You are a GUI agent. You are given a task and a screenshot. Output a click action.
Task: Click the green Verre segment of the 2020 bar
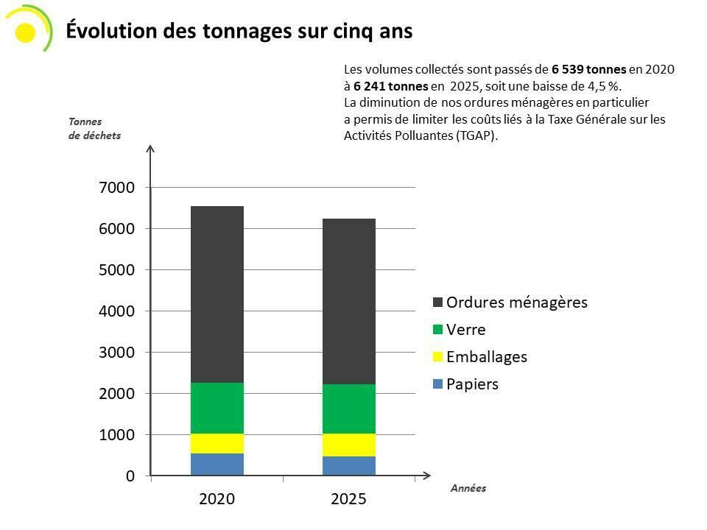tap(217, 408)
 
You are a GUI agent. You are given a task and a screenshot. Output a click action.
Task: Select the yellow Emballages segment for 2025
tap(349, 445)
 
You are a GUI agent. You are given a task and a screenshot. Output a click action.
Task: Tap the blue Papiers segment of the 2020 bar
tap(217, 464)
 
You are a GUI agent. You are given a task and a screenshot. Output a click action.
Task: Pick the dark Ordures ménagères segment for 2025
tap(349, 301)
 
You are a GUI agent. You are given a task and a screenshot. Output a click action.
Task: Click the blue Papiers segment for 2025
tap(349, 466)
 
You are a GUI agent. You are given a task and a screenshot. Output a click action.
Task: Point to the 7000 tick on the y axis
tap(116, 188)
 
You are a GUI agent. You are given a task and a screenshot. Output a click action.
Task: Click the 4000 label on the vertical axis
tap(116, 311)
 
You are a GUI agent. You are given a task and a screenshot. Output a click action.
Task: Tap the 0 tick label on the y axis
tap(130, 476)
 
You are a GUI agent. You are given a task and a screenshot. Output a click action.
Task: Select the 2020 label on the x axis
tap(217, 499)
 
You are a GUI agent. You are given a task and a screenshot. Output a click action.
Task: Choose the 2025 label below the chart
tap(349, 499)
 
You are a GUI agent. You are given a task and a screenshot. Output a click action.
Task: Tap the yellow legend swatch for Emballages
tap(438, 358)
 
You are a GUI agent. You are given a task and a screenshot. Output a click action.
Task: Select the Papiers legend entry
tap(472, 384)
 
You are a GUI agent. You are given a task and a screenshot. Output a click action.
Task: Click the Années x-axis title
tap(468, 488)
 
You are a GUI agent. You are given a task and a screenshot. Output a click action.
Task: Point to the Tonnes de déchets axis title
tap(94, 128)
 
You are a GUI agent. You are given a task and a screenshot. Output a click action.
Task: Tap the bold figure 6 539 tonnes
tap(588, 69)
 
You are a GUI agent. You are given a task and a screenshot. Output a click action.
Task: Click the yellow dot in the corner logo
tap(25, 32)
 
